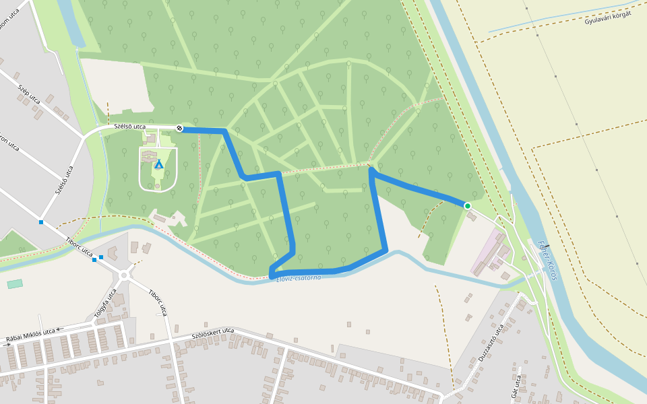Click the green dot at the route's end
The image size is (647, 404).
[x=467, y=205]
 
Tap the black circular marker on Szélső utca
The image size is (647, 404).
[x=180, y=128]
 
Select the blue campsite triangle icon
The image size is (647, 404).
[x=159, y=164]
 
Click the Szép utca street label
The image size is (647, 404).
[x=29, y=95]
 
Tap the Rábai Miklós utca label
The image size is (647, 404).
[x=30, y=332]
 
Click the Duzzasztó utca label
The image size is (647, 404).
[x=491, y=343]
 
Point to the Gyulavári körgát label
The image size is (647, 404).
[x=607, y=18]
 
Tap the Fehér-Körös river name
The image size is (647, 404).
[x=548, y=260]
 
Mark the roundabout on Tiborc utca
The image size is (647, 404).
[x=125, y=275]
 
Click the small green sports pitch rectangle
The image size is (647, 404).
[x=15, y=284]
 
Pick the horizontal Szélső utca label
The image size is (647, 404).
[x=129, y=126]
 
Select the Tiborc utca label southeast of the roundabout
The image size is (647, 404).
[x=157, y=302]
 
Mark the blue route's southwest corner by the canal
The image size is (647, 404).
[x=272, y=275]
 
